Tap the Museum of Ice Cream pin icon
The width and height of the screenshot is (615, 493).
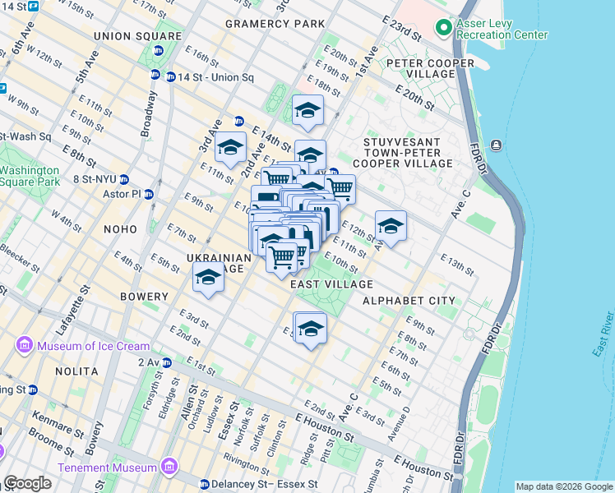(23, 346)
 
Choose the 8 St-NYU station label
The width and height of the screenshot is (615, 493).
(96, 179)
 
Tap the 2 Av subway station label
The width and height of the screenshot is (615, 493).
(149, 362)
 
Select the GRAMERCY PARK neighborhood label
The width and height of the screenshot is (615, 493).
(275, 24)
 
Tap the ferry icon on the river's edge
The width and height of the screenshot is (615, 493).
(497, 145)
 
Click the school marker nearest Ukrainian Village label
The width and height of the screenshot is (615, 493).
(209, 278)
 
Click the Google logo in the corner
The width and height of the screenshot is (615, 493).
(27, 483)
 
